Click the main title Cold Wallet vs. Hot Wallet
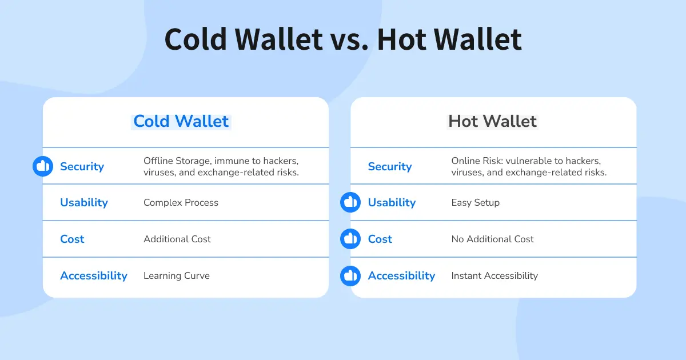tap(343, 39)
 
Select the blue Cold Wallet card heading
tap(181, 121)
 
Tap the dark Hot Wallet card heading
tap(492, 121)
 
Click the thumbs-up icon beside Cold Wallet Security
tap(43, 166)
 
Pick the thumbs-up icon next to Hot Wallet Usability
tap(350, 202)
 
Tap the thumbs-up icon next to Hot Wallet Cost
tap(350, 239)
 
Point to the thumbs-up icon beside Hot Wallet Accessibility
tap(350, 275)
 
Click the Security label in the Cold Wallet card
tap(82, 166)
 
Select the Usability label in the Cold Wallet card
tap(84, 202)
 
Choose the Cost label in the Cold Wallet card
tap(72, 239)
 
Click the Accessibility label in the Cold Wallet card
tap(94, 275)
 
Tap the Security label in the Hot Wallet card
tap(390, 166)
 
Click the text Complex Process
tap(181, 202)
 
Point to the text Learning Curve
tap(177, 275)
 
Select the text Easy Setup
tap(476, 202)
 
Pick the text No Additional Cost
tap(493, 239)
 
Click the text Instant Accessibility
tap(494, 275)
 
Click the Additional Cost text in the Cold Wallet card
tap(177, 239)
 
